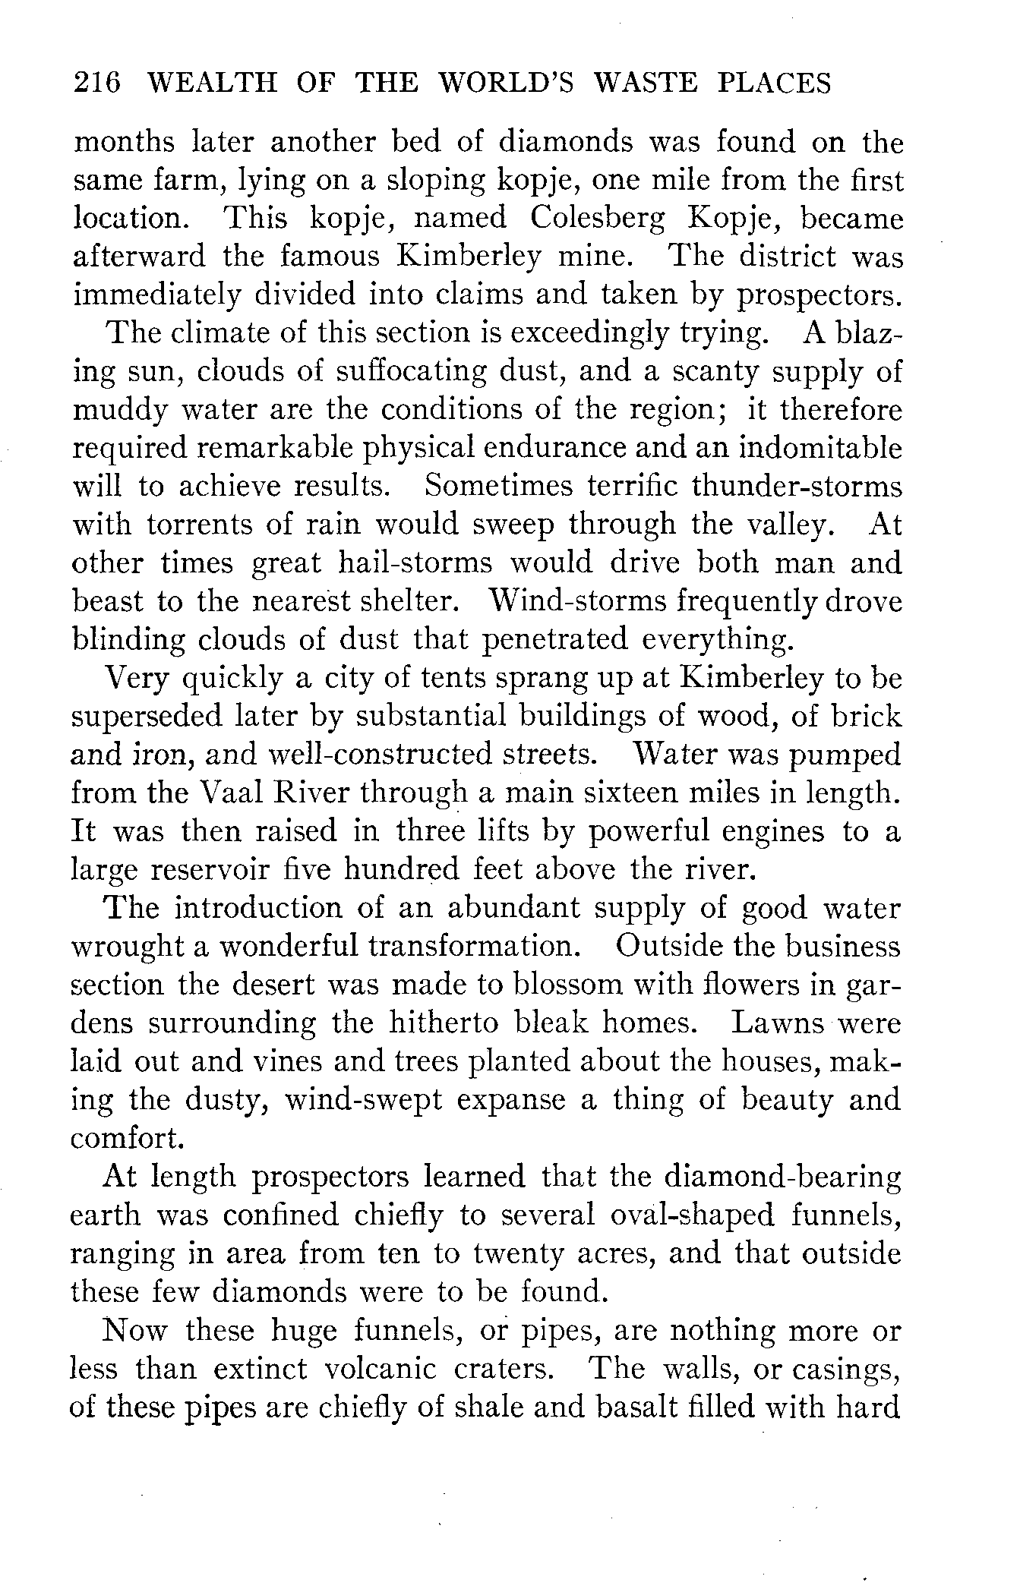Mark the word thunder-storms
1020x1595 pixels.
click(x=797, y=486)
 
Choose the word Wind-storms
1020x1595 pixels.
click(x=576, y=601)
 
